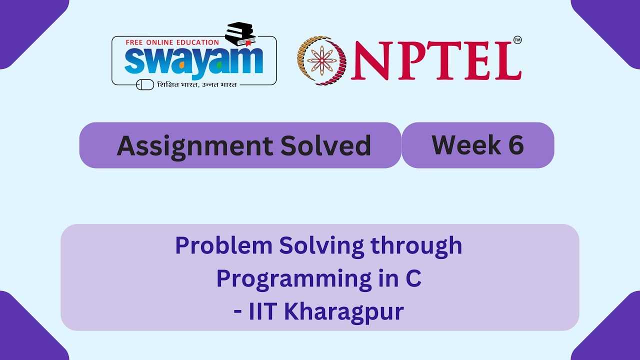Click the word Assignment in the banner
click(194, 146)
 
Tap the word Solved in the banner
click(325, 146)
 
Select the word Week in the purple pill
click(459, 145)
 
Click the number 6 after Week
click(515, 145)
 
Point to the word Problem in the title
click(223, 246)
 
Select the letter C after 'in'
click(413, 279)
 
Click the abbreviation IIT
click(263, 312)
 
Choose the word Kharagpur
click(344, 312)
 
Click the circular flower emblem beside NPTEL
click(322, 60)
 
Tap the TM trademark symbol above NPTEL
click(517, 40)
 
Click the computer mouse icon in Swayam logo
click(145, 84)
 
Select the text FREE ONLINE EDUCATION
click(172, 42)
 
